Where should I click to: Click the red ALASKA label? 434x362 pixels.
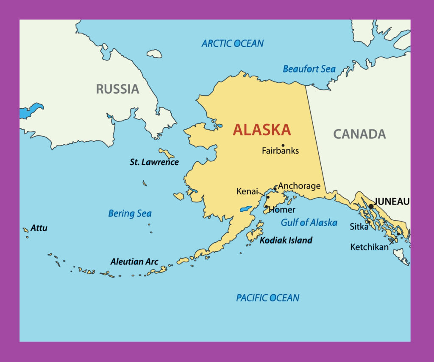(262, 130)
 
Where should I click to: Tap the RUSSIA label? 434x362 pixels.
(117, 89)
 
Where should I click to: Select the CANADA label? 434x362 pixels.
(359, 134)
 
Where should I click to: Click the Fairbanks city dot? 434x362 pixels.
(283, 145)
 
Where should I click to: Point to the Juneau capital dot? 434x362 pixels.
(371, 206)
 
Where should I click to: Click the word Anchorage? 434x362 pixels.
(299, 186)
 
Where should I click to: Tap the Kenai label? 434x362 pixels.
(247, 192)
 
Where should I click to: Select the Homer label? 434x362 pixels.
(282, 210)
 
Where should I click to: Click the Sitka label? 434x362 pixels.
(359, 227)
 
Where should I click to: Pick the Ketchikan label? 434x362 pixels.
(369, 247)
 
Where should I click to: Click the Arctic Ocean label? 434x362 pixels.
(232, 43)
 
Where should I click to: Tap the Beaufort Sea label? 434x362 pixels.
(309, 69)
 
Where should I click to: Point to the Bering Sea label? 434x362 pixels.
(130, 213)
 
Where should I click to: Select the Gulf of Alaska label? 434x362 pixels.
(309, 222)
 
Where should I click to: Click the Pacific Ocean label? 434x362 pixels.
(267, 298)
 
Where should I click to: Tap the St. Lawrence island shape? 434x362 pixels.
(166, 153)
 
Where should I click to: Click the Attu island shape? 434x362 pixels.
(25, 230)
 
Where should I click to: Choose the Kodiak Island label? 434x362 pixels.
(286, 241)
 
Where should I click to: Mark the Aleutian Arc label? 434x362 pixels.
(134, 262)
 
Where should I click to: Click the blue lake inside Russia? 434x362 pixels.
(31, 110)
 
